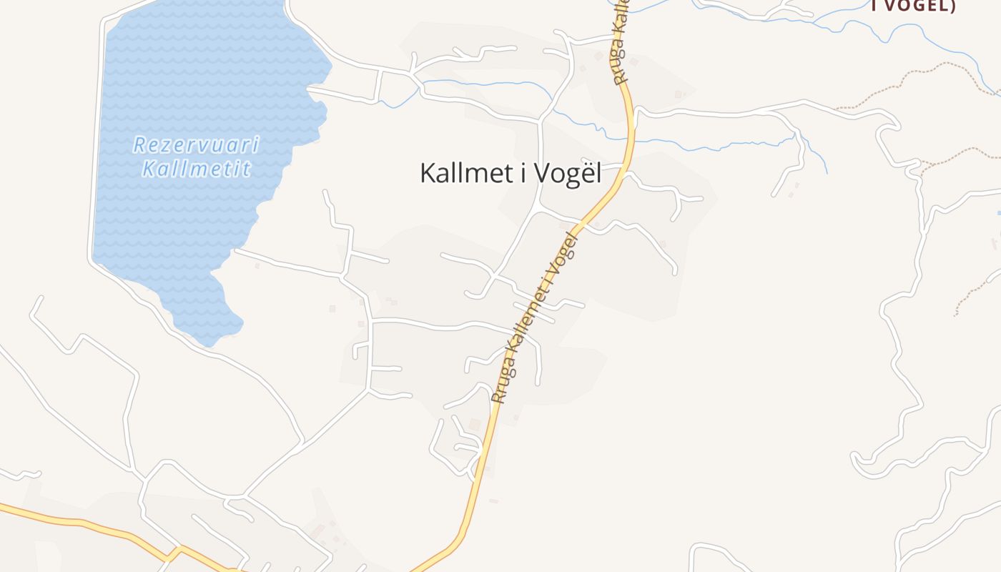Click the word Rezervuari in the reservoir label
196,145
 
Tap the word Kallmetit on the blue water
196,169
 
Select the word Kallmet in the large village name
462,173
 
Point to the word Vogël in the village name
572,174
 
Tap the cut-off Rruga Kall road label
621,43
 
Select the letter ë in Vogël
582,173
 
